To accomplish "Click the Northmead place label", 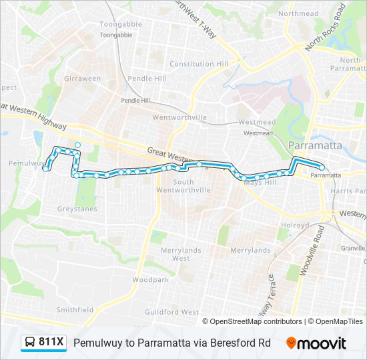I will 298,13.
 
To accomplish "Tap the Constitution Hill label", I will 199,64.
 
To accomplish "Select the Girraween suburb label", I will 82,79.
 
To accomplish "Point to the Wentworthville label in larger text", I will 179,117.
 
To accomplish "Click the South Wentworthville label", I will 183,186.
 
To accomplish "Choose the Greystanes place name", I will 77,209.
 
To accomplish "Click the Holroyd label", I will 294,225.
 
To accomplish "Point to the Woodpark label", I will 150,280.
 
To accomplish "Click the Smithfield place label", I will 75,309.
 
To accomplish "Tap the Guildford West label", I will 171,312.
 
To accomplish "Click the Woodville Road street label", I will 312,250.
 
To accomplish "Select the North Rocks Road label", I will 325,27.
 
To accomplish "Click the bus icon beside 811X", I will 30,343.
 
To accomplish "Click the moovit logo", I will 316,343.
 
